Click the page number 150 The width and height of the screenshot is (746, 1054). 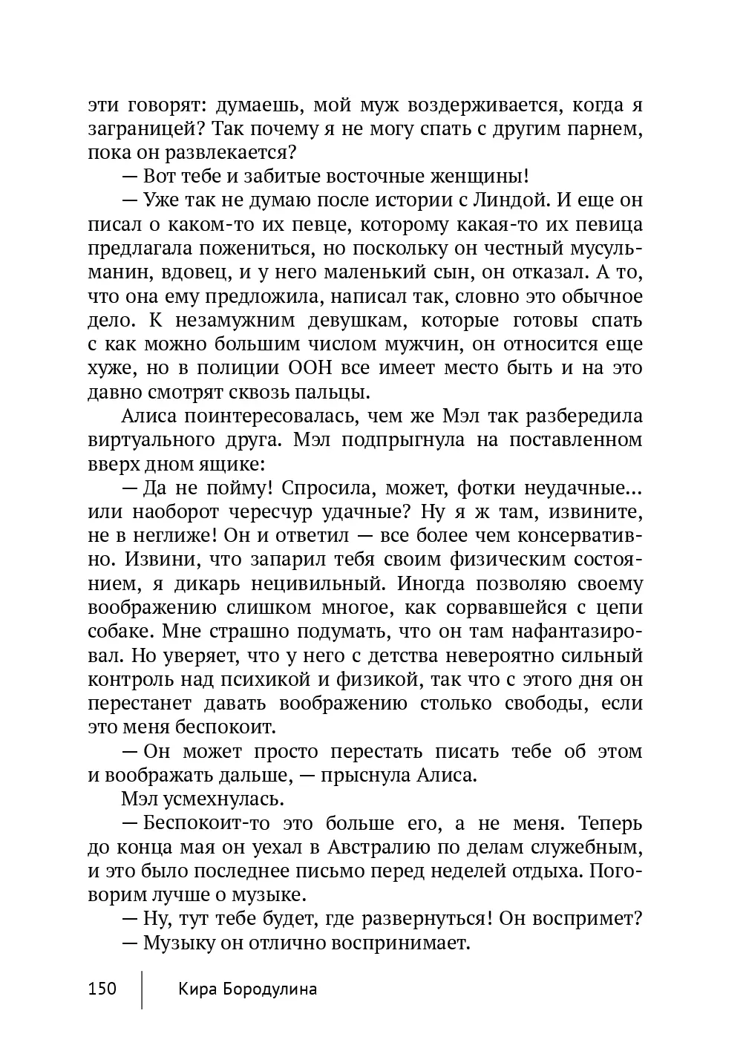tap(102, 989)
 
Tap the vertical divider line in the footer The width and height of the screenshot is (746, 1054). tap(142, 989)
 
